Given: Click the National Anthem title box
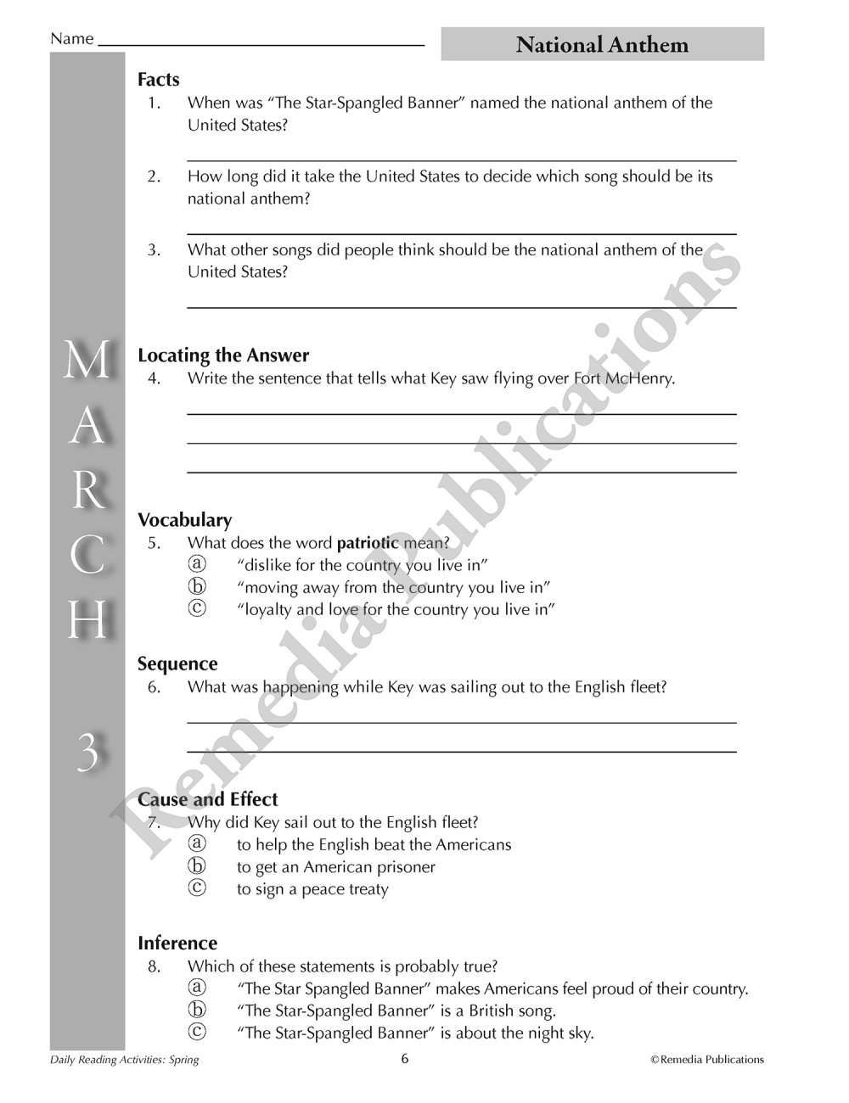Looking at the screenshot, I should coord(602,44).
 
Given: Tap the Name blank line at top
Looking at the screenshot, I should coord(261,42).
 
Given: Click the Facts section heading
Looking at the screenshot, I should coord(159,80).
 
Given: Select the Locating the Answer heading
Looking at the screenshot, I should coord(223,356).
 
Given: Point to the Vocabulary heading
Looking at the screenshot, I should coord(184,520).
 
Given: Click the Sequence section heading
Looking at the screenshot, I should coord(177,664).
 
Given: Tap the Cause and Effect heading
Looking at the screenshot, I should coord(208,799).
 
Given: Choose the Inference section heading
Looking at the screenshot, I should coord(177,943).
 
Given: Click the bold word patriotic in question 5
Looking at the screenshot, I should coord(368,543).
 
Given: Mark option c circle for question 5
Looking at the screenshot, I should coord(197,608).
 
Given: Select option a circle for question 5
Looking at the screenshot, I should coord(197,564).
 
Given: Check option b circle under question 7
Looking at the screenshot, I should coord(197,866).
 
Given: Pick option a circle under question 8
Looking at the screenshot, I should coord(197,988).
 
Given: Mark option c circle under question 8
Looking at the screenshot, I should coord(197,1032).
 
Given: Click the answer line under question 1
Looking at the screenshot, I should coord(461,159).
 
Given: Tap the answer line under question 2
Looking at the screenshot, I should coord(461,232).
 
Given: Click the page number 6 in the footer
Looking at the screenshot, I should coord(405,1058).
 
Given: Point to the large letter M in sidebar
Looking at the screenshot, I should coord(87,361).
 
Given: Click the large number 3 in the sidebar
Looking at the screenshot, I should coord(87,753).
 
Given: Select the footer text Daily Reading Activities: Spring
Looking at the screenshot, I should coord(124,1060).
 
